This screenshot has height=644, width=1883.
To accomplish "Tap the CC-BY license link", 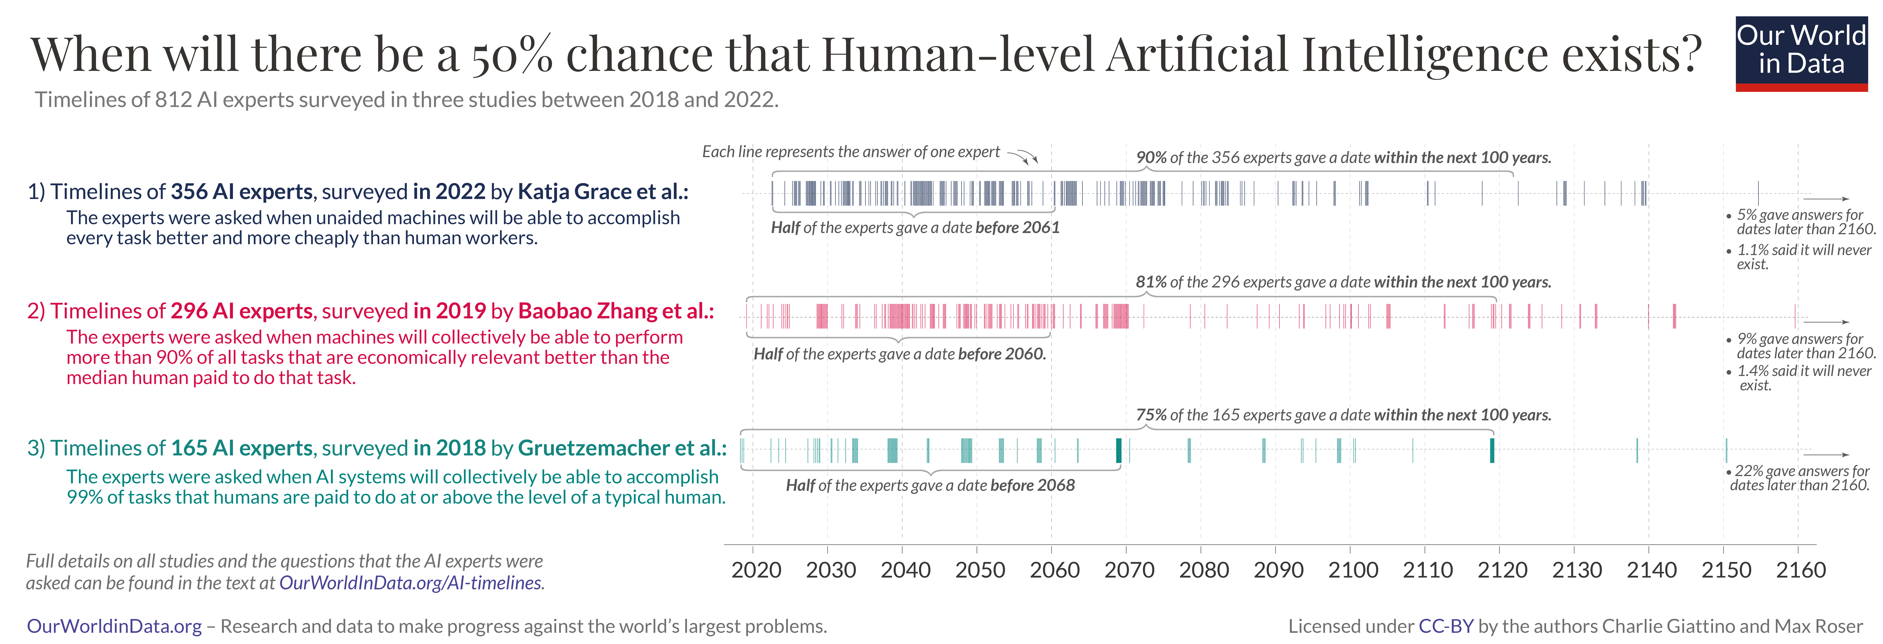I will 1445,626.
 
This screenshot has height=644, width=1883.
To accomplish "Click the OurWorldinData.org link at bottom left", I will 114,626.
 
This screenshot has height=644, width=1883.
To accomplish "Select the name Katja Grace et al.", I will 602,192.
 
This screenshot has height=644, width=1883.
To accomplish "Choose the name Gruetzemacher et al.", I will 621,448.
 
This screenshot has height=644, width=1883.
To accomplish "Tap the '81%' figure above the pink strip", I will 1151,282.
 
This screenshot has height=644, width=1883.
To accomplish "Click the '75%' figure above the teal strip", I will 1151,415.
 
